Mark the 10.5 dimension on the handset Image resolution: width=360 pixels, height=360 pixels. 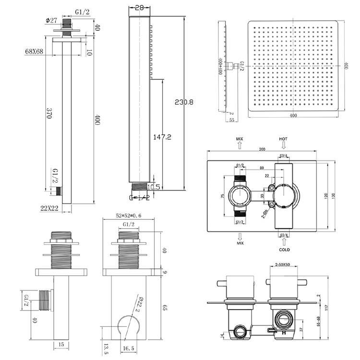click(154, 186)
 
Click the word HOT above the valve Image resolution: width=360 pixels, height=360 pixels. click(283, 139)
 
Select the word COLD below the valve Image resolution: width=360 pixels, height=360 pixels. click(285, 250)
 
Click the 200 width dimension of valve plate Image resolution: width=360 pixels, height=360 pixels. click(262, 149)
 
